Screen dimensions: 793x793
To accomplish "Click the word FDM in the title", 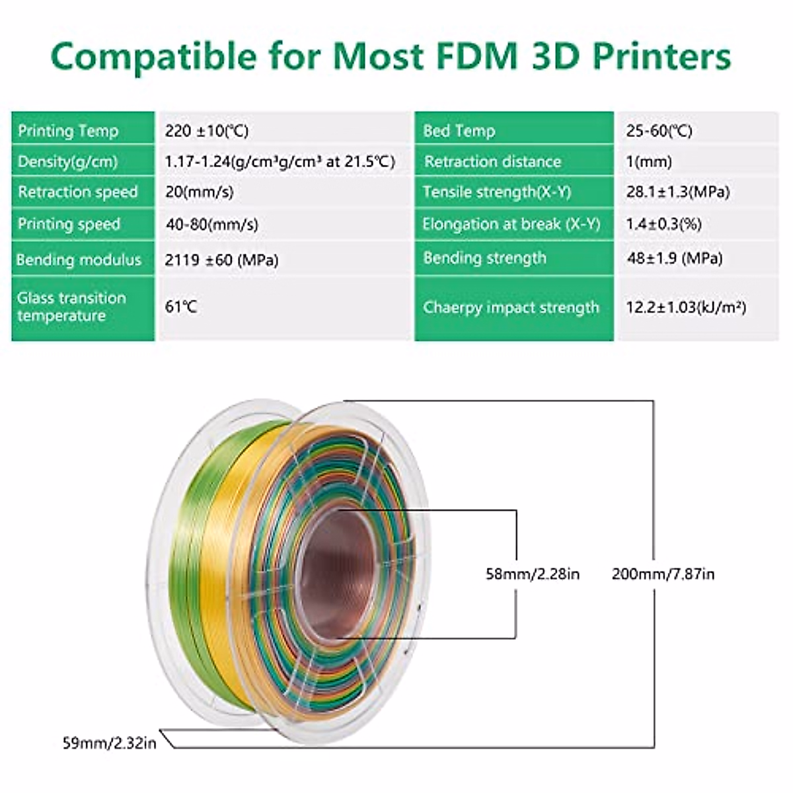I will coord(471,57).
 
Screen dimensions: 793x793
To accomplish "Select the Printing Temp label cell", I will coord(68,131).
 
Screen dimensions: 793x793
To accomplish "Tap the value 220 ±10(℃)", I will coord(207,131).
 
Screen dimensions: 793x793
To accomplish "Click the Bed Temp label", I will coord(459,131).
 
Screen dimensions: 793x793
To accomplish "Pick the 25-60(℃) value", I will coord(659,131).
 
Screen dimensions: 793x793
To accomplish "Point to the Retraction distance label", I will coord(492,162).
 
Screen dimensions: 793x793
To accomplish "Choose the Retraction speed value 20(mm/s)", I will coord(199,192).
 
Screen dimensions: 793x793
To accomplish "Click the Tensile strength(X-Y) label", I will coord(496,192).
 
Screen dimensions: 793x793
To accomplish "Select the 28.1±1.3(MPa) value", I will coord(678,192).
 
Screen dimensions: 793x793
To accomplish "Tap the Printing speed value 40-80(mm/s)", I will coord(211,225).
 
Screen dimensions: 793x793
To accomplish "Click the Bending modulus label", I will coord(79,260).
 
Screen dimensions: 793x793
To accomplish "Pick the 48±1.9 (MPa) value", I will coord(674,258).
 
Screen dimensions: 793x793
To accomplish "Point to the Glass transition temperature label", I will coord(71,307).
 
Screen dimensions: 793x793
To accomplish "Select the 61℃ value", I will coord(181,307).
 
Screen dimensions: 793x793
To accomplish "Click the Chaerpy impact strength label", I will coord(511,308).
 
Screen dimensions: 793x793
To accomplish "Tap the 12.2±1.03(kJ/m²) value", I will coord(686,308).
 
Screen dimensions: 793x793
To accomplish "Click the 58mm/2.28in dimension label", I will coord(533,574).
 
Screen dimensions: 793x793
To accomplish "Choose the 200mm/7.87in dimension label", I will coord(663,574).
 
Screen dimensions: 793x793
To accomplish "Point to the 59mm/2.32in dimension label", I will coord(110,743).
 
